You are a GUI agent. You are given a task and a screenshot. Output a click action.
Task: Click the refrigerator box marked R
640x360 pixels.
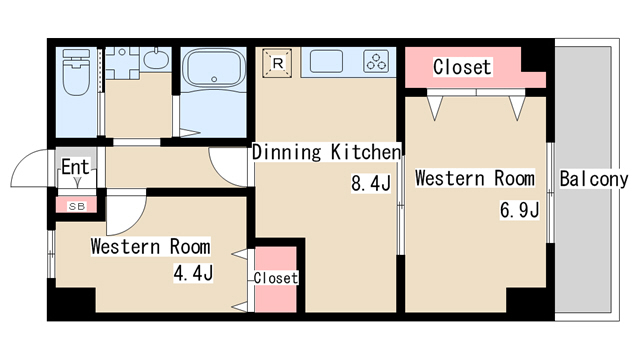tap(277, 63)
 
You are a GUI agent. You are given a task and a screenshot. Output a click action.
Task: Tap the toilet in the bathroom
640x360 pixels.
tap(76, 72)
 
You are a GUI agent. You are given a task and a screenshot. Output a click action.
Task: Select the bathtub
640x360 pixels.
tap(213, 67)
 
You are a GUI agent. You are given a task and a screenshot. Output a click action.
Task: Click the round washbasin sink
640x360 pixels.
tap(156, 59)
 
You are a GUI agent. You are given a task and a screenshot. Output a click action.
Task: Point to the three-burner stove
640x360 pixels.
tap(376, 61)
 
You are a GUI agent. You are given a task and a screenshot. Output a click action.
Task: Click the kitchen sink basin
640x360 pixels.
tap(326, 61)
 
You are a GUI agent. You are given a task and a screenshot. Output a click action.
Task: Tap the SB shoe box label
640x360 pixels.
tap(77, 207)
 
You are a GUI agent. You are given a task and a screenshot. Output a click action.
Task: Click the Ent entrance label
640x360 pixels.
tap(75, 167)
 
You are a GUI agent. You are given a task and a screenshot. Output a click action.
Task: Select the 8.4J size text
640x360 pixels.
tap(371, 183)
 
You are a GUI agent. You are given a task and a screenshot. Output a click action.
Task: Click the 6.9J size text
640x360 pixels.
tap(520, 210)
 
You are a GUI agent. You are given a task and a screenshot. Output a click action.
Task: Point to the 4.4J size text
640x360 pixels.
tap(193, 273)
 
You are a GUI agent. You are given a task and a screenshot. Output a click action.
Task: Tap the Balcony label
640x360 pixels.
tap(593, 179)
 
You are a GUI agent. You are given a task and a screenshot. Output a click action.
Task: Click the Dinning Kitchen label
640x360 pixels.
tap(327, 152)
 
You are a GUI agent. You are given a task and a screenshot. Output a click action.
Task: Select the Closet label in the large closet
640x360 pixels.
tap(462, 67)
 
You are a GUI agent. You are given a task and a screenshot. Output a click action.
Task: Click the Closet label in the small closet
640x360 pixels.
tap(276, 278)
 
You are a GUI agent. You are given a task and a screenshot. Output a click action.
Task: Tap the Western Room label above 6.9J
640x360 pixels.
tap(475, 178)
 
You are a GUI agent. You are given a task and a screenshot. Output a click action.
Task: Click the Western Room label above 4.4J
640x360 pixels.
tap(151, 247)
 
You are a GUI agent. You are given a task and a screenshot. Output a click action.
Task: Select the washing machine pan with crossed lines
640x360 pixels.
tap(122, 63)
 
